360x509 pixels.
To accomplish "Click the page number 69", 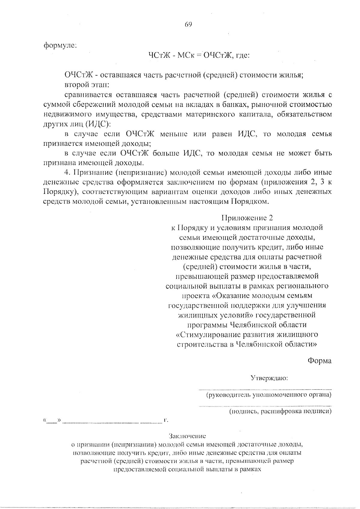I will click(188, 25).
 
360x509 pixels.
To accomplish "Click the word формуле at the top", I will click(60, 46).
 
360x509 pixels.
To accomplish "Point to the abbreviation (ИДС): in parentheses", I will click(98, 124).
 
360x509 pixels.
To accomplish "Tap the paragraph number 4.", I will click(67, 173).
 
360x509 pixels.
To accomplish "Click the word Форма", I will click(319, 361).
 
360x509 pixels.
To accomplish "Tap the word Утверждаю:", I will click(269, 378).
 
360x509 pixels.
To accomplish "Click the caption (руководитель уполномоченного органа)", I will click(268, 395).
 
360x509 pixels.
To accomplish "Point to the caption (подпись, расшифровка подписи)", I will click(280, 412).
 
